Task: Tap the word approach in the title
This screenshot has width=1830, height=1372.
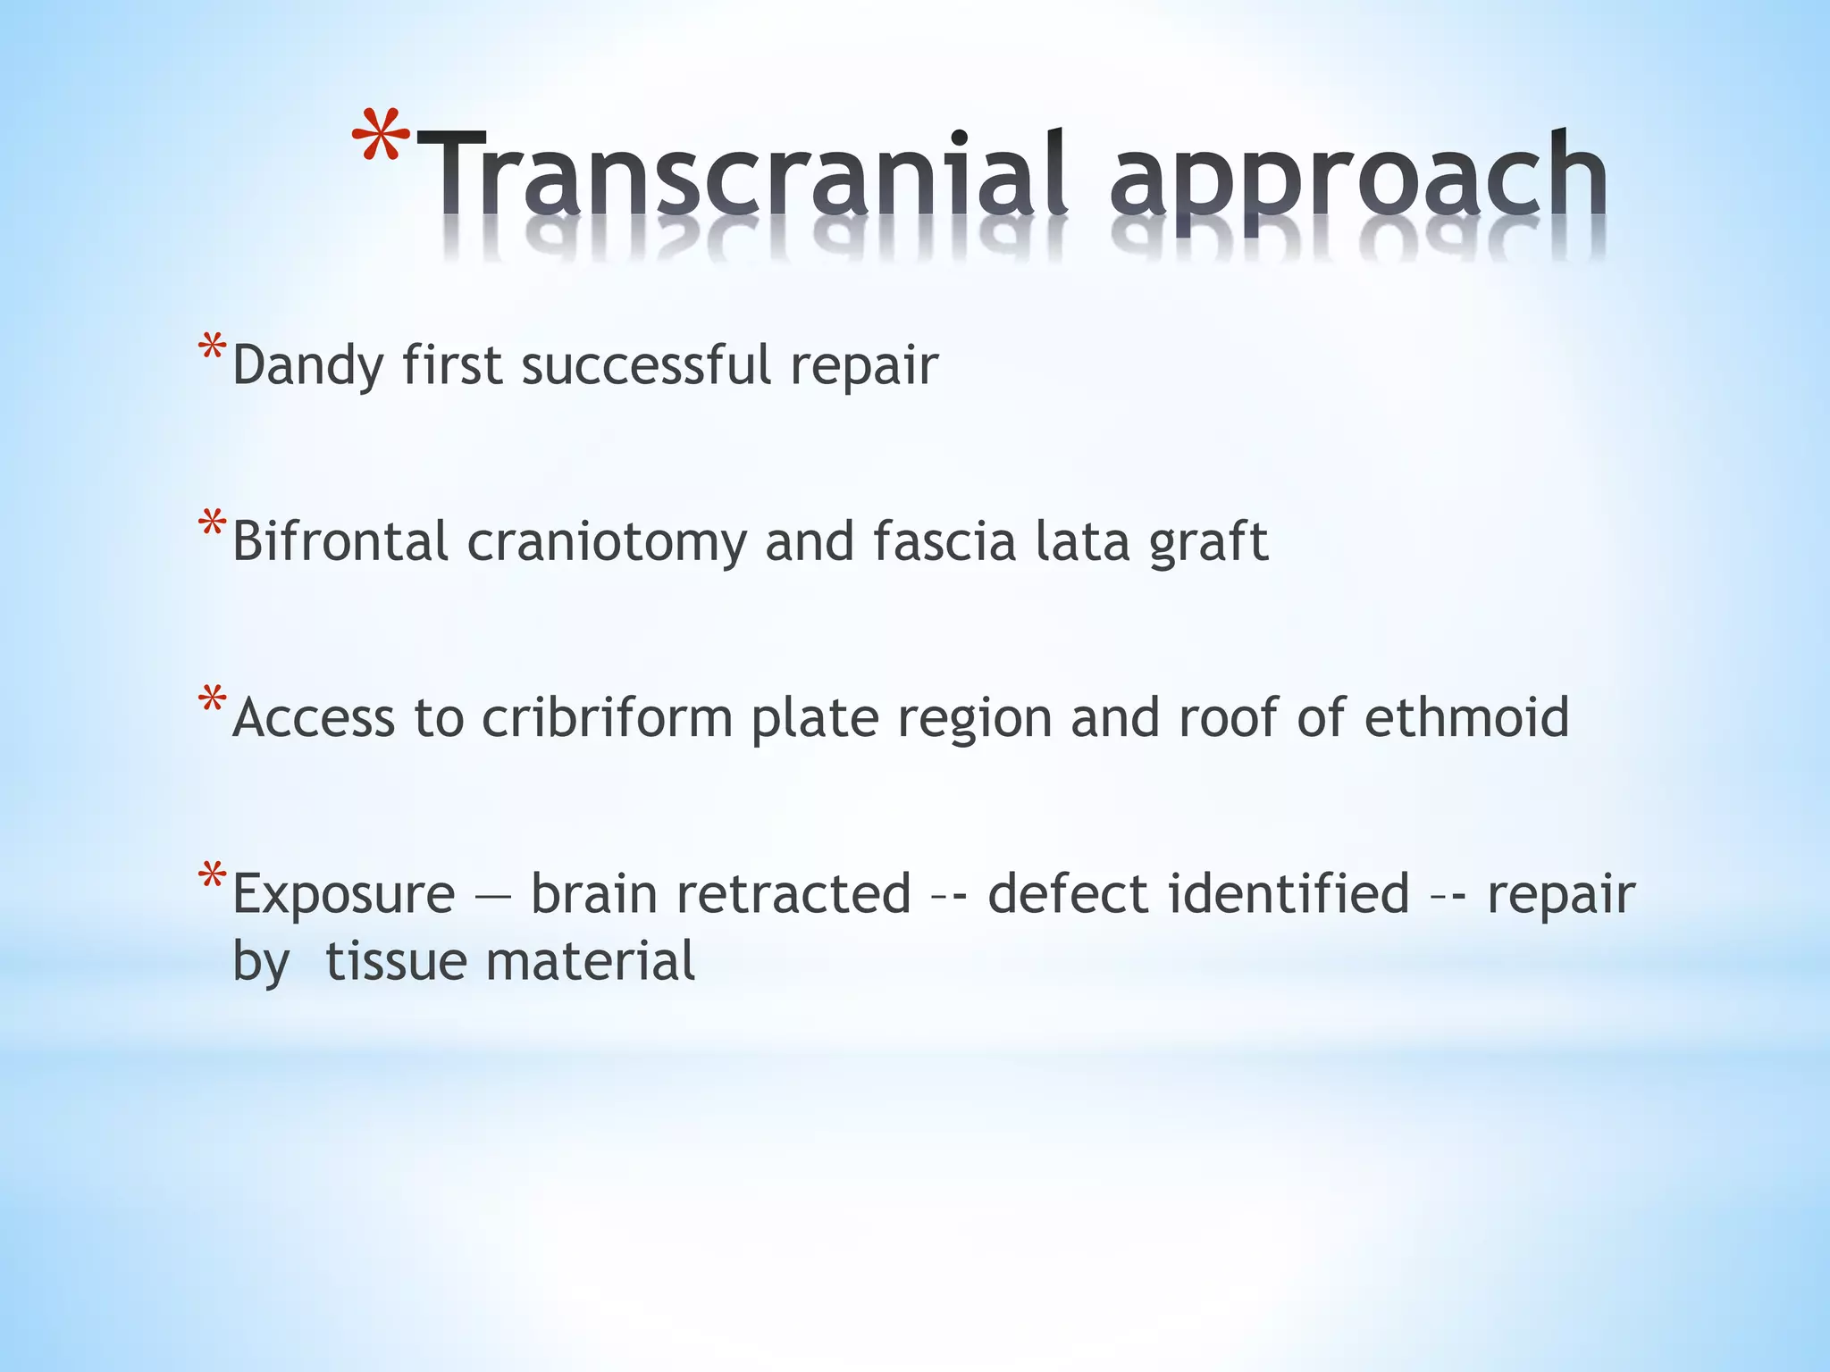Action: coord(1358,179)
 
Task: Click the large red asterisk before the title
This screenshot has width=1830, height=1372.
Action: coord(380,138)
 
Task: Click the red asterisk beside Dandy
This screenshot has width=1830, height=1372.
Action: coord(212,348)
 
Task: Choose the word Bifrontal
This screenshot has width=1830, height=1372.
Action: coord(340,541)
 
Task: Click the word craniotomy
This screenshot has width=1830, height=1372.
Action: coord(607,543)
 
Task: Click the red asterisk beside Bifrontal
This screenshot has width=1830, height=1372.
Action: coord(212,524)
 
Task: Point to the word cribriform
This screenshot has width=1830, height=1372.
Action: coord(608,717)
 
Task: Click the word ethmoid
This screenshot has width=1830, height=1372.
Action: coord(1466,716)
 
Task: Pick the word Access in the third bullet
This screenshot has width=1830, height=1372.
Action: coord(313,717)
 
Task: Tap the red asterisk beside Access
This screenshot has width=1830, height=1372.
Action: coord(212,700)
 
